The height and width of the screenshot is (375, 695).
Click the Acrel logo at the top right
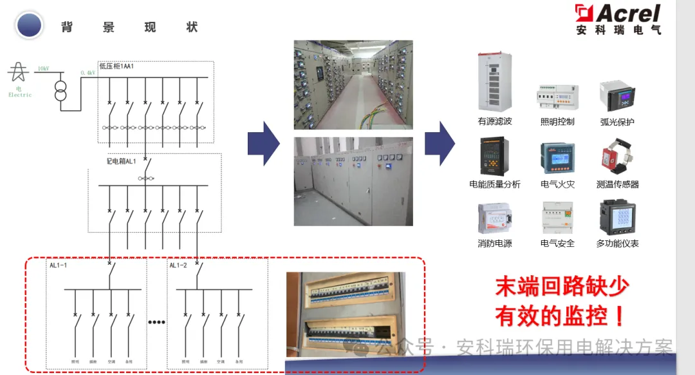click(618, 19)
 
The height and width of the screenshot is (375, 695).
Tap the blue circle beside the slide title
click(29, 26)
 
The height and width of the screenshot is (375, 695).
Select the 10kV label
click(43, 68)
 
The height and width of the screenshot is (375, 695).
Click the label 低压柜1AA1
click(116, 66)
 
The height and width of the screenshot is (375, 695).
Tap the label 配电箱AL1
click(122, 161)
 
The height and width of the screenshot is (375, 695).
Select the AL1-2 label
click(178, 265)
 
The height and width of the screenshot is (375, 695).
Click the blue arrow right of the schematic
click(263, 143)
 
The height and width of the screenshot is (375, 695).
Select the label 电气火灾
click(557, 184)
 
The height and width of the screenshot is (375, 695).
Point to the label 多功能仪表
click(617, 244)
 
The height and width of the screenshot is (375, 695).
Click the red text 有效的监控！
click(560, 316)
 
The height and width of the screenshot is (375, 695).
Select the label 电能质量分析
click(494, 184)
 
